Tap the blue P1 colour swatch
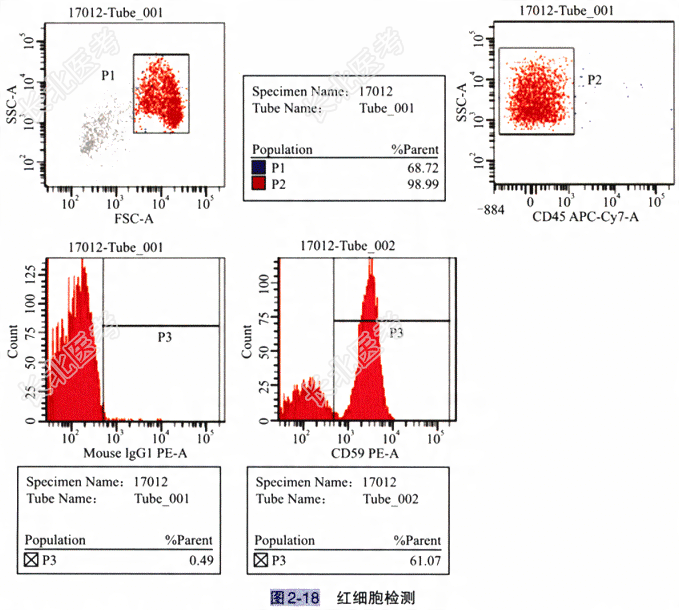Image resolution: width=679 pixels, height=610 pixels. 259,167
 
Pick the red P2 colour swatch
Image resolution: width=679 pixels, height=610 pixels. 259,184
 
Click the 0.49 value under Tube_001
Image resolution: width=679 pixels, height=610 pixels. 202,559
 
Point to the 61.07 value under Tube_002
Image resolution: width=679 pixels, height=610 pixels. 424,559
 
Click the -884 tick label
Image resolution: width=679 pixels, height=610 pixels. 491,210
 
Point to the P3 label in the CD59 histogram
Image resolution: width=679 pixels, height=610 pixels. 396,332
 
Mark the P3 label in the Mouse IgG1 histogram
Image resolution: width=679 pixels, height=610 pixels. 165,337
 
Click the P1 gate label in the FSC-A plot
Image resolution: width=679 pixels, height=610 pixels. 108,74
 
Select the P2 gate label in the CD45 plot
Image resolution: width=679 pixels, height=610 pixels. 594,79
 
